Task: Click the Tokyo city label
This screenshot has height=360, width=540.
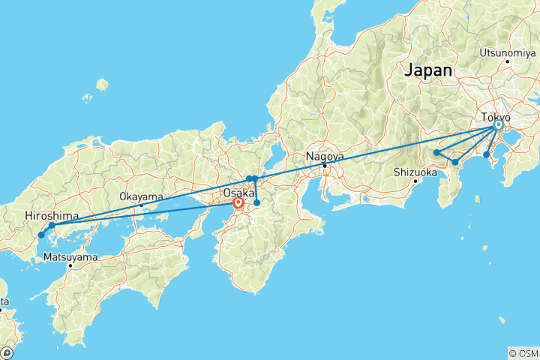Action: pos(496,118)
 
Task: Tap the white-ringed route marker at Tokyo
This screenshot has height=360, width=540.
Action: pos(498,126)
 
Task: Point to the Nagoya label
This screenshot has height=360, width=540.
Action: pos(324,157)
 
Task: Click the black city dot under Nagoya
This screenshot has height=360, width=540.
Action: pos(324,165)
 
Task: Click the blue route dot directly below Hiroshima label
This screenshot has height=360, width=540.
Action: pos(52,225)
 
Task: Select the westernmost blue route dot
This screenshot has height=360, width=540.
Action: pos(41,235)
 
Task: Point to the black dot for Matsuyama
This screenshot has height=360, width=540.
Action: pos(70,265)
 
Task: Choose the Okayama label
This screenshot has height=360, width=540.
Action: pos(141,196)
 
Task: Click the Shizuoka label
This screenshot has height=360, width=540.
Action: pos(415,172)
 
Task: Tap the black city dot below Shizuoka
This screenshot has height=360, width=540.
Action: pos(415,181)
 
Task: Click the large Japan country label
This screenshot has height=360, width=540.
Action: pos(428,70)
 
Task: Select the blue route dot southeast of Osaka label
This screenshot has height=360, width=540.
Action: pos(257,202)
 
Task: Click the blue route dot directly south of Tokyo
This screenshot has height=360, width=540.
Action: pos(486,154)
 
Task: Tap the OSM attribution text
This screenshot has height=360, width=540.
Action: pos(523,352)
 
